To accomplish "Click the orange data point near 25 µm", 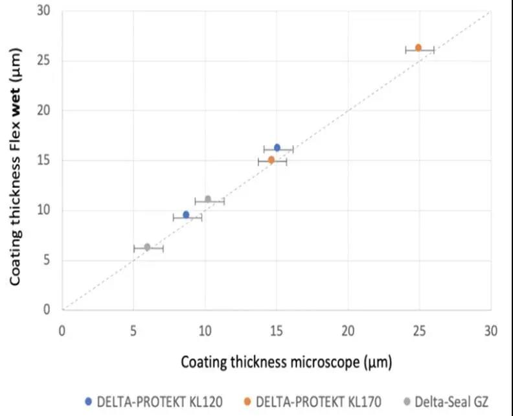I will (x=418, y=48).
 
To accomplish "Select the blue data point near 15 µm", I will (x=277, y=148).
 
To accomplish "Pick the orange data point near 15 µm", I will (x=271, y=160).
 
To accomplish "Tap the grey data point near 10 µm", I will (x=208, y=200).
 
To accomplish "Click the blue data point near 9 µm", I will (x=187, y=215).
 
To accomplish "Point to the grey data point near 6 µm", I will (x=147, y=247).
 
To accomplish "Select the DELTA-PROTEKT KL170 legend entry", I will (x=316, y=402).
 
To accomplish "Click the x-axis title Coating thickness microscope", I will (x=286, y=360).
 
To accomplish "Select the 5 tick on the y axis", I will (x=48, y=260).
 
